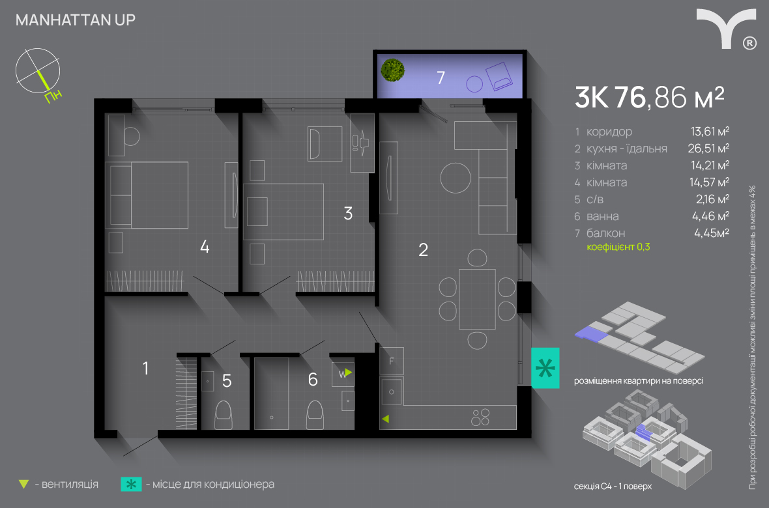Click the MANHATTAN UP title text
click(x=76, y=20)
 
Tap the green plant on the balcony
click(x=393, y=70)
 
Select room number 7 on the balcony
click(x=441, y=78)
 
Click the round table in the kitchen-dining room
click(x=455, y=178)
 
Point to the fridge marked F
click(x=392, y=361)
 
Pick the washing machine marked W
click(x=343, y=374)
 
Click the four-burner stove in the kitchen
click(x=480, y=417)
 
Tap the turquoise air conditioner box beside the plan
click(x=545, y=368)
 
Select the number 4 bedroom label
click(x=205, y=246)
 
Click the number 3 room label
click(x=348, y=214)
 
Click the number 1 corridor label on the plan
click(x=145, y=368)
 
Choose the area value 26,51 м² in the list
click(x=708, y=148)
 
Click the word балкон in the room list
click(x=605, y=233)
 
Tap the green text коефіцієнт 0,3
click(x=618, y=247)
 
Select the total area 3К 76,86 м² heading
click(x=649, y=97)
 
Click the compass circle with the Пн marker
click(x=38, y=71)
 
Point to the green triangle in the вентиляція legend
click(x=23, y=485)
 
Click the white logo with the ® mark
click(x=727, y=29)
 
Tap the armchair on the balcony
click(x=499, y=76)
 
